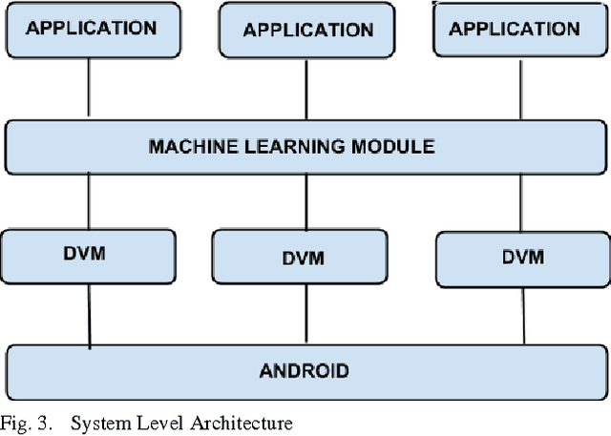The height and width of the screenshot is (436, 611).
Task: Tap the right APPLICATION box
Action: point(515,29)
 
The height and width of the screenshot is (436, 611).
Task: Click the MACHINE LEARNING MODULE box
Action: point(291,147)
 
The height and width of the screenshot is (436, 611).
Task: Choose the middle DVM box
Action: point(303,258)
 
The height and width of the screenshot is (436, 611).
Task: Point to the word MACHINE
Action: point(185,147)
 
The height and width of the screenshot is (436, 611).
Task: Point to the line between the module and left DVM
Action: point(89,200)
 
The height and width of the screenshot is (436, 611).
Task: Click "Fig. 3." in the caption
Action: point(25,423)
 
